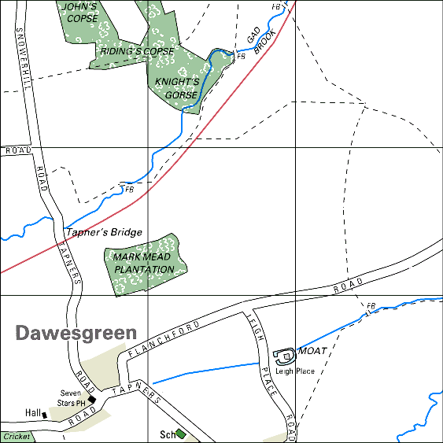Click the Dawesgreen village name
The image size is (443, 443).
pos(76,334)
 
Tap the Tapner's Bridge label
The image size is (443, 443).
pos(104,232)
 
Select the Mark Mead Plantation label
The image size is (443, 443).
pos(143,263)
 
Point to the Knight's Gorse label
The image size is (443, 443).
pos(175,87)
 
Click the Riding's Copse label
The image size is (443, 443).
pos(136,51)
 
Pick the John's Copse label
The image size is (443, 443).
pos(82,12)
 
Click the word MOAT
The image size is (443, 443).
pos(312,351)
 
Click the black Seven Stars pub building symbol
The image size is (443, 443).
pos(92,400)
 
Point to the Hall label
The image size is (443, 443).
pos(32,413)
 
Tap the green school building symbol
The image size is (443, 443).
pos(181,433)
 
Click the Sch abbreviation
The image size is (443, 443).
pos(166,434)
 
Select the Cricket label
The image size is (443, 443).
pos(17,437)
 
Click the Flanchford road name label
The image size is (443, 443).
pos(163,336)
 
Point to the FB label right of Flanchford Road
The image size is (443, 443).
pos(371,305)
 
